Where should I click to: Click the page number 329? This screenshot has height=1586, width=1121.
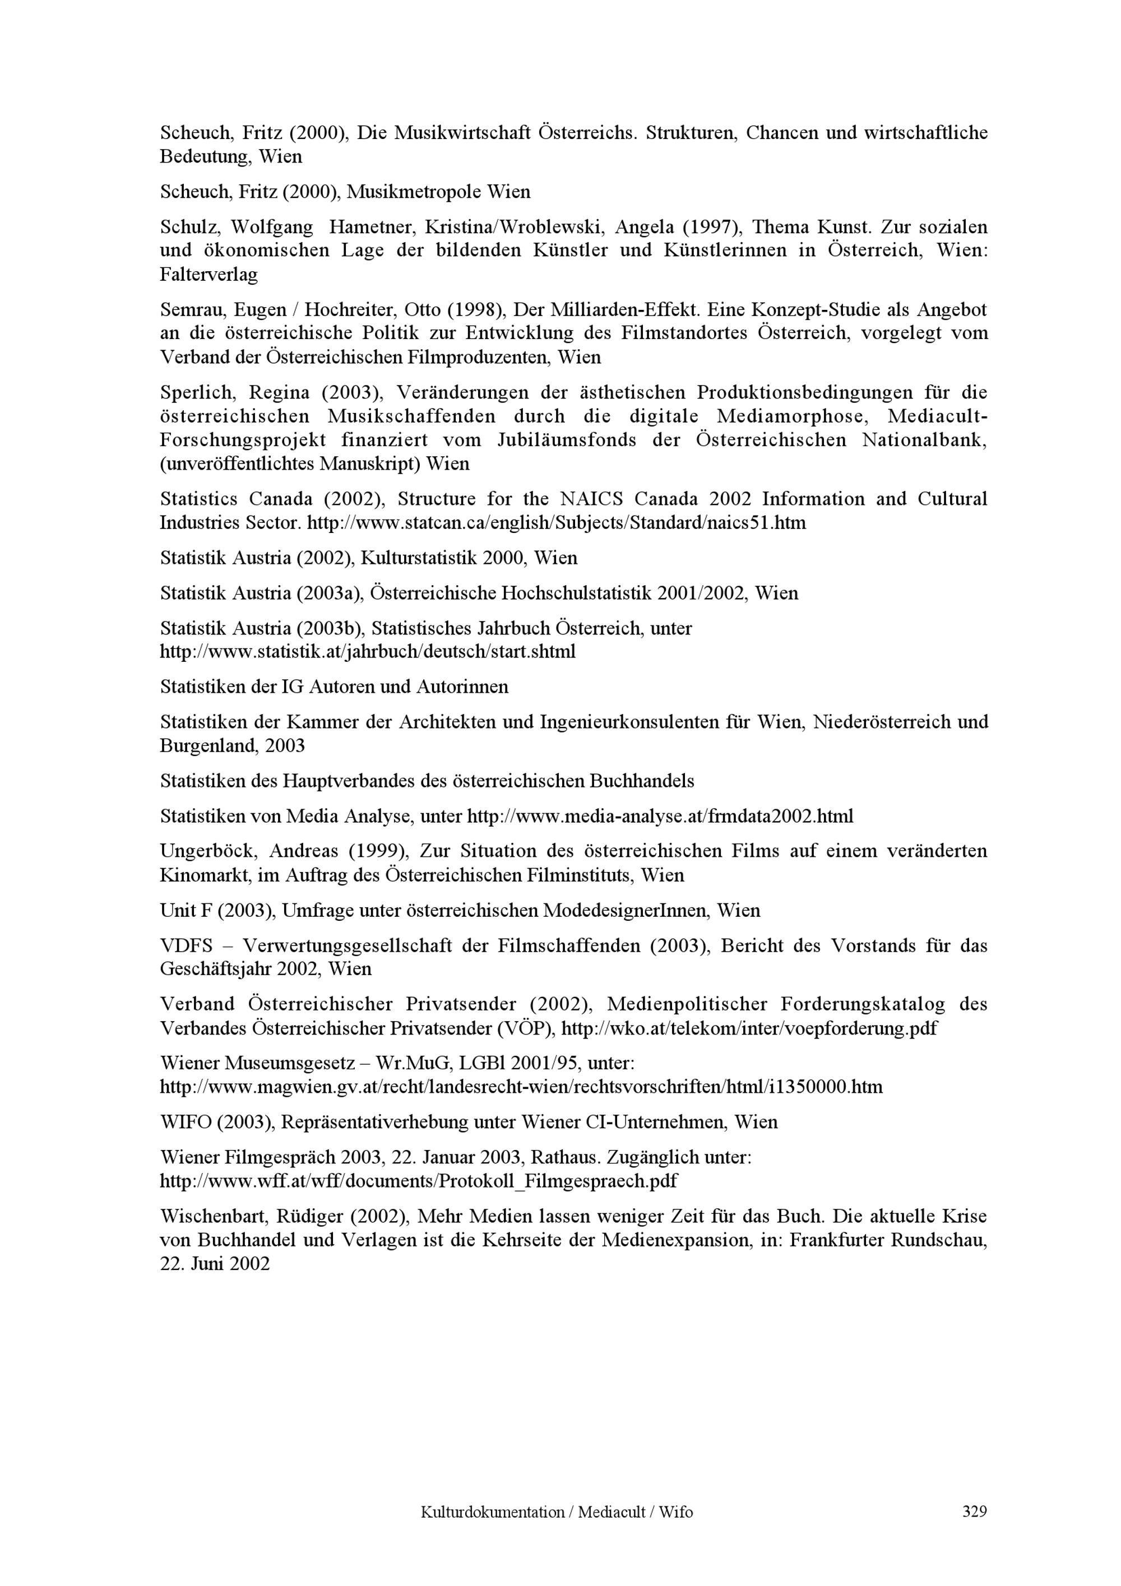tap(974, 1512)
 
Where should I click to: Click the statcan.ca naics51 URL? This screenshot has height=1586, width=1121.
tap(556, 523)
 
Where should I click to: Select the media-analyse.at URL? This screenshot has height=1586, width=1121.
tap(660, 817)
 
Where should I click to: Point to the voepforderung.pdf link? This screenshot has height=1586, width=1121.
tap(749, 1028)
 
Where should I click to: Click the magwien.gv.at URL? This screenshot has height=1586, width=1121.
tap(521, 1087)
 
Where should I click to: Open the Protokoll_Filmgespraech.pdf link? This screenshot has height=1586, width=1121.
tap(419, 1180)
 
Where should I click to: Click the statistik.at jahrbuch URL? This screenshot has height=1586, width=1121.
tap(368, 651)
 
